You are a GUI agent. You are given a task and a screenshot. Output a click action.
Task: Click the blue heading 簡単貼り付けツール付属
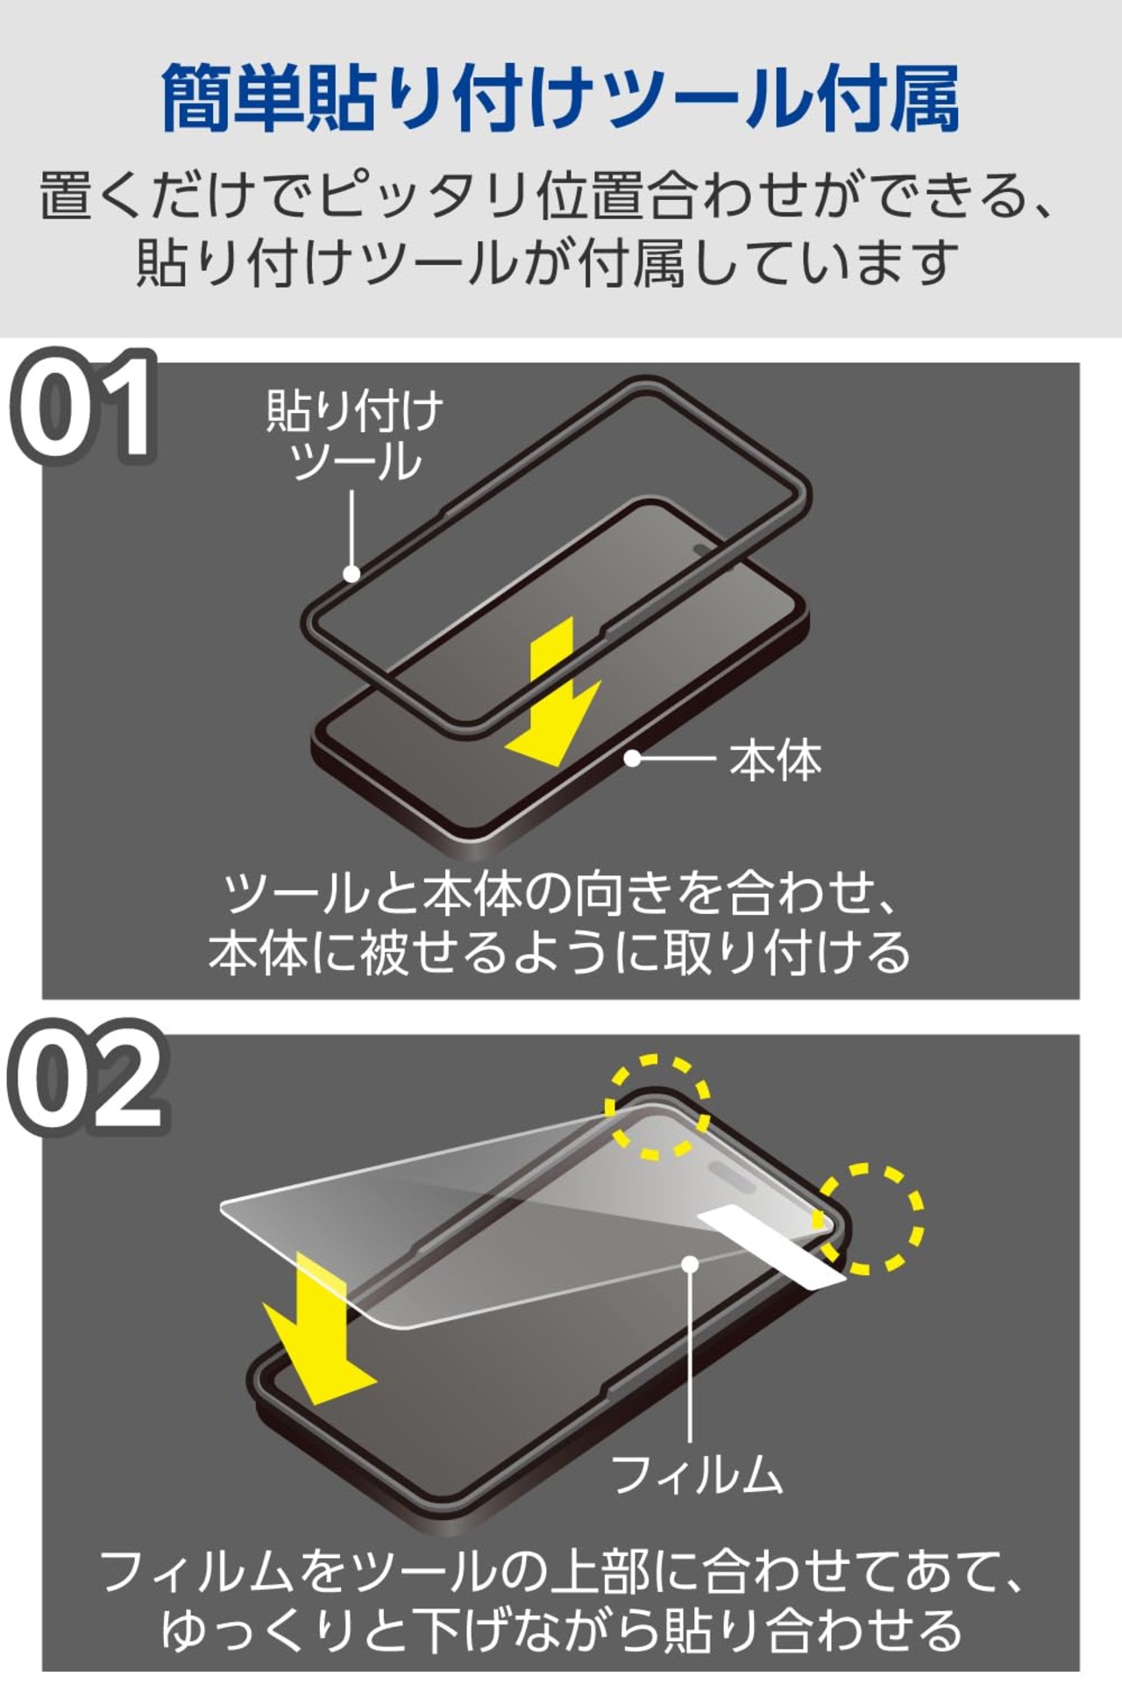[561, 98]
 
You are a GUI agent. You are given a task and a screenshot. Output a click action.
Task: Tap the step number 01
[84, 408]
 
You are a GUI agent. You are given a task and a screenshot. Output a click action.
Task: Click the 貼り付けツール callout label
[355, 436]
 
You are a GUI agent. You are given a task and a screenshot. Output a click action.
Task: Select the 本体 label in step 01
[775, 760]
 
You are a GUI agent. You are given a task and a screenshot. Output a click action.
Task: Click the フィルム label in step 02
[696, 1473]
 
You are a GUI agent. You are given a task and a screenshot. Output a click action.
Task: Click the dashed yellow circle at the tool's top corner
[658, 1107]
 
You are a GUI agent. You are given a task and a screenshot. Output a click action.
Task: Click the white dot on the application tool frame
[352, 574]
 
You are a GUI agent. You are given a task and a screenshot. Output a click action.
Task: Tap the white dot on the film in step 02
[691, 1264]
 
